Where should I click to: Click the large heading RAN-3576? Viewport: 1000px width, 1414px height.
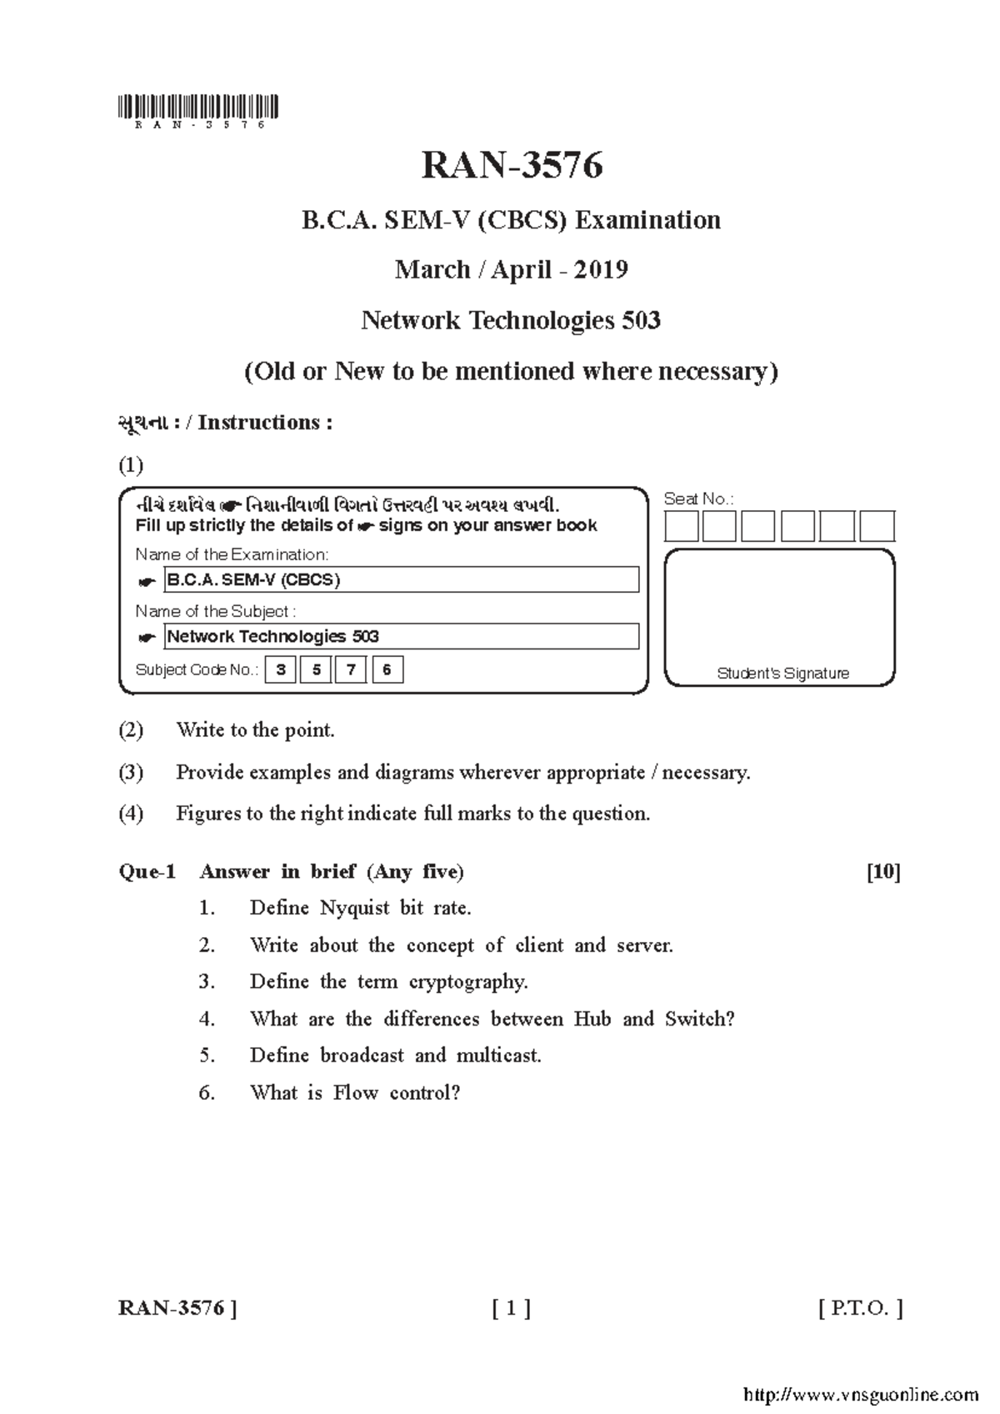512,166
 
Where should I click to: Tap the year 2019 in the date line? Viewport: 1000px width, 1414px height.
600,270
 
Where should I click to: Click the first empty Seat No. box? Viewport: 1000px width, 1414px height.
681,527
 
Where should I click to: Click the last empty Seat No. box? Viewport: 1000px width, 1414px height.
877,527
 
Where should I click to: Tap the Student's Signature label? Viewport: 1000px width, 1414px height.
782,674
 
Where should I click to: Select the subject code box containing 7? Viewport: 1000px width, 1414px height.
352,669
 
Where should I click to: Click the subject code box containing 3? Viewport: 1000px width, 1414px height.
281,669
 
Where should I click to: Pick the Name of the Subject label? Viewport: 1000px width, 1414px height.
215,611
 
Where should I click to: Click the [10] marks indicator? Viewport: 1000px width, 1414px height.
883,872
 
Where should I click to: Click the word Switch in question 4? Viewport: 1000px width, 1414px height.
699,1019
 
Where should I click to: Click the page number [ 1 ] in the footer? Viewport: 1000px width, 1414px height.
511,1308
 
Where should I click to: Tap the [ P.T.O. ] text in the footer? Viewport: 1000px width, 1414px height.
861,1308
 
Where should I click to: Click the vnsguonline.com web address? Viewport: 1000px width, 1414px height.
859,1394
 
